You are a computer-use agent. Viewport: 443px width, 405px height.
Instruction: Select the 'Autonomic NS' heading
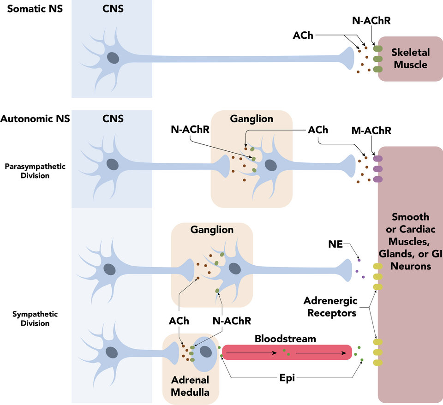pyautogui.click(x=35, y=119)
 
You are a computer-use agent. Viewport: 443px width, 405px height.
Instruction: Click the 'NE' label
pyautogui.click(x=335, y=244)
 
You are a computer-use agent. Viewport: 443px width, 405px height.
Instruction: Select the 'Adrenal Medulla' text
pyautogui.click(x=190, y=386)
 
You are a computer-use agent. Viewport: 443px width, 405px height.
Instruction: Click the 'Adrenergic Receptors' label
pyautogui.click(x=330, y=307)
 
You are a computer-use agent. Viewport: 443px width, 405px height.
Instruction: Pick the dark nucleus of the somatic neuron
pyautogui.click(x=113, y=58)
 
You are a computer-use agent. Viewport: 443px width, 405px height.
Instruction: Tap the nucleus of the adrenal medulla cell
pyautogui.click(x=205, y=353)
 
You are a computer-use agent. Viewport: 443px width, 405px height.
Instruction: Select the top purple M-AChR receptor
pyautogui.click(x=378, y=159)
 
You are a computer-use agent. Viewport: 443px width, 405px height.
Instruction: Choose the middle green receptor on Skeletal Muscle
pyautogui.click(x=378, y=59)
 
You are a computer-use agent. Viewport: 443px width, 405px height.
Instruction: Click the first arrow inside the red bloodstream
pyautogui.click(x=252, y=353)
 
